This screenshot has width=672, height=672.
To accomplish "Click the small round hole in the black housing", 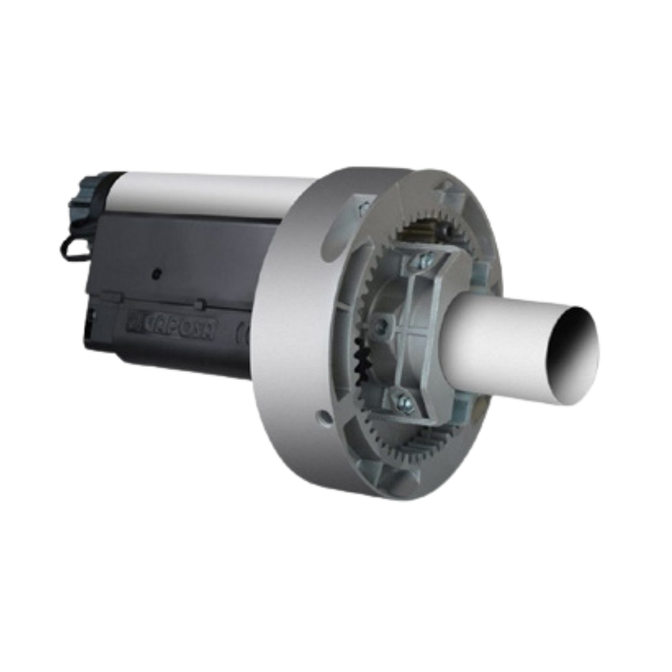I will pos(156,271).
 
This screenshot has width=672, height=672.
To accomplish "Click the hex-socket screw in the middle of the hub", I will pos(381,324).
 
